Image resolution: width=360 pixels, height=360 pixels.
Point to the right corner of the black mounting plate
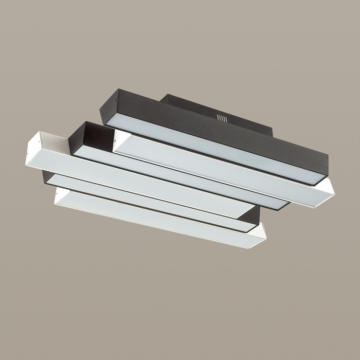(x=271, y=132)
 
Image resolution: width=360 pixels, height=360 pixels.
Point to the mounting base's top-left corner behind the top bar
(x=166, y=97)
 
